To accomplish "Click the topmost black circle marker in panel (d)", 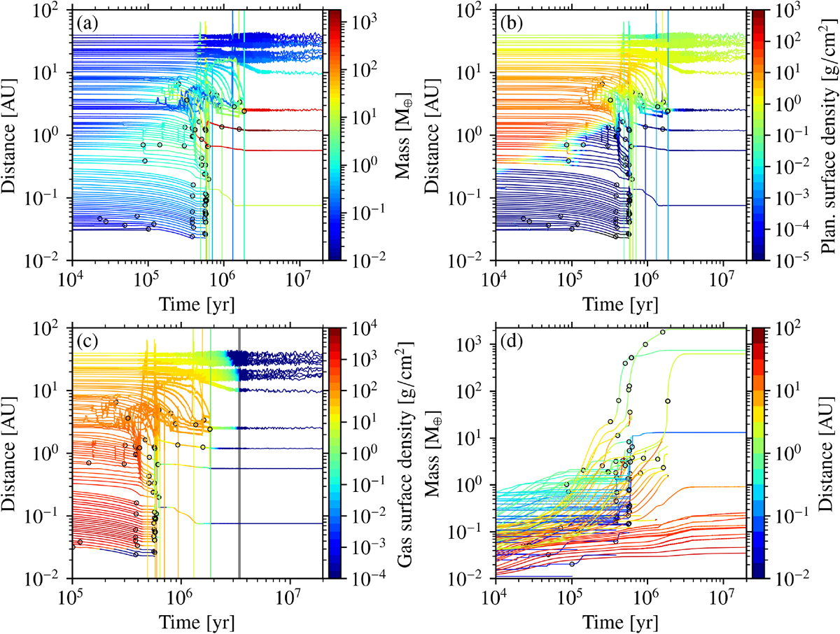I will click(662, 332).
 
